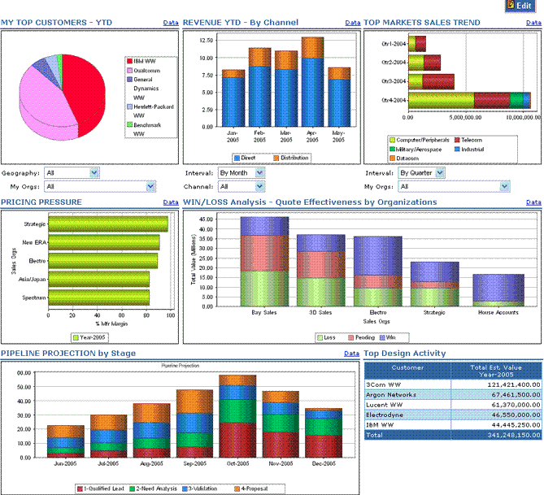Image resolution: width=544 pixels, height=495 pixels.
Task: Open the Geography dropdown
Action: pos(72,172)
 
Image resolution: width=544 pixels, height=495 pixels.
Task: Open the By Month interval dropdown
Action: pos(241,172)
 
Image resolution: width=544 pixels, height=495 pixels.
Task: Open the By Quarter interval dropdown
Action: pos(420,172)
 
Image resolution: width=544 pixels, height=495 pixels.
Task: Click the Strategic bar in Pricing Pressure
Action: pos(108,224)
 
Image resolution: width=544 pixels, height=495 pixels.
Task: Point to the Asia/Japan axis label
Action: pos(33,279)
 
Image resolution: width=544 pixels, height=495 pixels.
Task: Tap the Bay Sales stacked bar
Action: pos(264,261)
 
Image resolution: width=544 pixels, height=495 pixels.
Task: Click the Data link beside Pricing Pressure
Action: pos(171,202)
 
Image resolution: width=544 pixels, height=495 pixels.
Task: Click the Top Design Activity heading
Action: pos(404,354)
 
